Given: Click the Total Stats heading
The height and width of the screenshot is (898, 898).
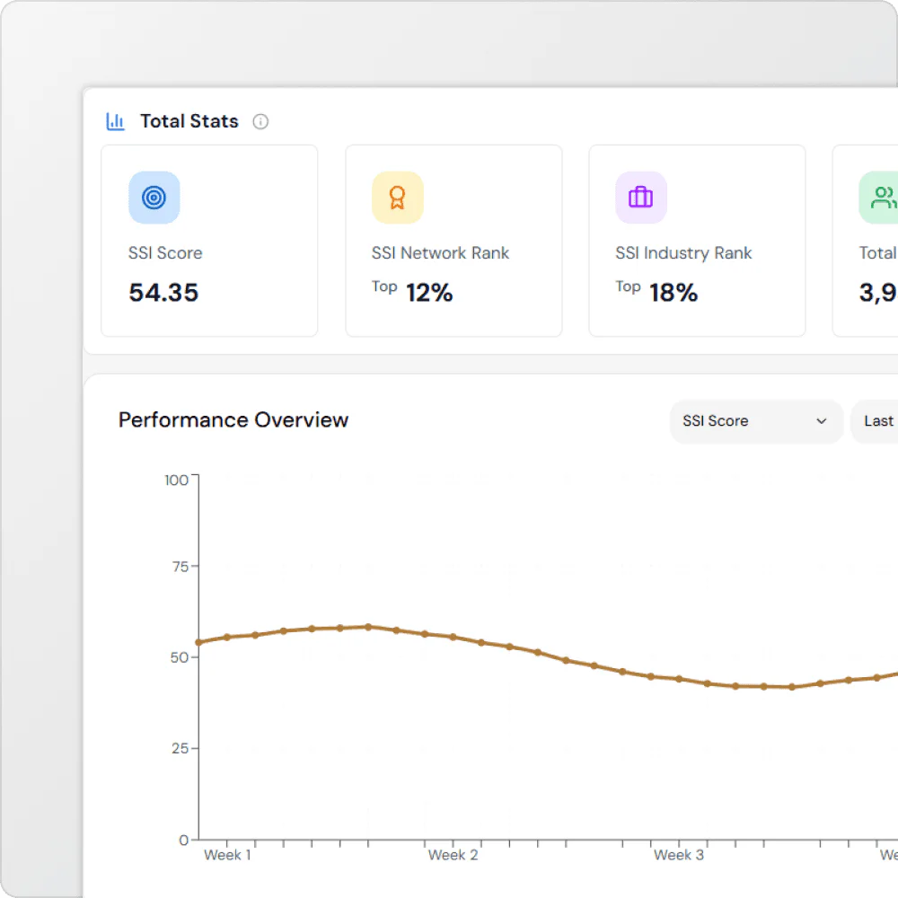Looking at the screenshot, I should coord(189,121).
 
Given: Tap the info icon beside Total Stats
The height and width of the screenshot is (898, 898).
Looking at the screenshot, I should coord(260,121).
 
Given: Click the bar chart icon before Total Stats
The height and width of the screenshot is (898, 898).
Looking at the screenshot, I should coord(116,121).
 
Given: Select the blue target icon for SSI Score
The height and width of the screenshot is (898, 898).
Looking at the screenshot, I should coord(154,198).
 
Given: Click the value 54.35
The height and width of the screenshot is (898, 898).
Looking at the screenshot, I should coord(163,293).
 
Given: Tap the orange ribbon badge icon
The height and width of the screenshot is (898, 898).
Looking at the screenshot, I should coord(397,198).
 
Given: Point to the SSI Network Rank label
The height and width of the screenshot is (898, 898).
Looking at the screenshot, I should coord(440,253).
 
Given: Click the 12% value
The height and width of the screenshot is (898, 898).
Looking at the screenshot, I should coord(429,293).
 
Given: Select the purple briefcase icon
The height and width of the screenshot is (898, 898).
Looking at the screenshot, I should coord(640,198).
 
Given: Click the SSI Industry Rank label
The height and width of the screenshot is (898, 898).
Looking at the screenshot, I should coord(683,253).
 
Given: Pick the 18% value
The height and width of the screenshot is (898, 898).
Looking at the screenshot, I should coord(673,293).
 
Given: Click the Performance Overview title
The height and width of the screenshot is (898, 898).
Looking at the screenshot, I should coord(233,420).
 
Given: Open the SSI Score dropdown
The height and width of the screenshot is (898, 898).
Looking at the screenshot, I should coord(755,421).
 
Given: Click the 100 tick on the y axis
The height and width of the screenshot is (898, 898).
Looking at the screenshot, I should coord(177,480).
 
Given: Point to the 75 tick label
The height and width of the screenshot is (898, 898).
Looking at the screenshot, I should coord(180,567).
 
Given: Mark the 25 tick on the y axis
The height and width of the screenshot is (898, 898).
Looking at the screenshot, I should coord(180,748).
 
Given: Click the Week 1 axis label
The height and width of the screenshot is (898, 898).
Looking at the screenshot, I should coord(227,855).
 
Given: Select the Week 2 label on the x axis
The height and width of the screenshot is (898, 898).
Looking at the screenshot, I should coord(453,855).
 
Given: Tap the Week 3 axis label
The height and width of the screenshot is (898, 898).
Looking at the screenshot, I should coord(679,855).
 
